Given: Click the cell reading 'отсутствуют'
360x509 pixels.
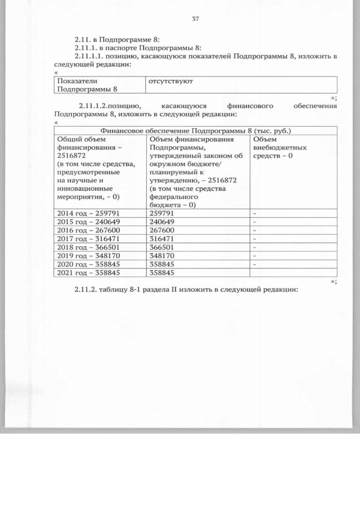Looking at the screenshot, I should click(170, 82).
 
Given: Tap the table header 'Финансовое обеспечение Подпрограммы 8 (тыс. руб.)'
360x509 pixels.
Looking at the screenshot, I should click(195, 130).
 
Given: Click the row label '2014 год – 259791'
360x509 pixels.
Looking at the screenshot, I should click(88, 214).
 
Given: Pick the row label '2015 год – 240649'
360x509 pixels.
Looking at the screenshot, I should click(88, 222).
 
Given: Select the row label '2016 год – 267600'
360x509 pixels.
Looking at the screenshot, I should click(88, 231).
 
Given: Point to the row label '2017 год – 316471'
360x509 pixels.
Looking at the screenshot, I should click(88, 239).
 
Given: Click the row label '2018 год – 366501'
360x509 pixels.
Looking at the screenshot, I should click(88, 247).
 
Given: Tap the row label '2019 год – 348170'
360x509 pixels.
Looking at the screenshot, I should click(88, 256).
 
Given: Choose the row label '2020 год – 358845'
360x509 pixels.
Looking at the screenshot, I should click(88, 264).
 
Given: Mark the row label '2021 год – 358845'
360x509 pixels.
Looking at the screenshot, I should click(88, 273).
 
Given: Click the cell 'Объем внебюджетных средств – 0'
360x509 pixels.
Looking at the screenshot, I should click(280, 147).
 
